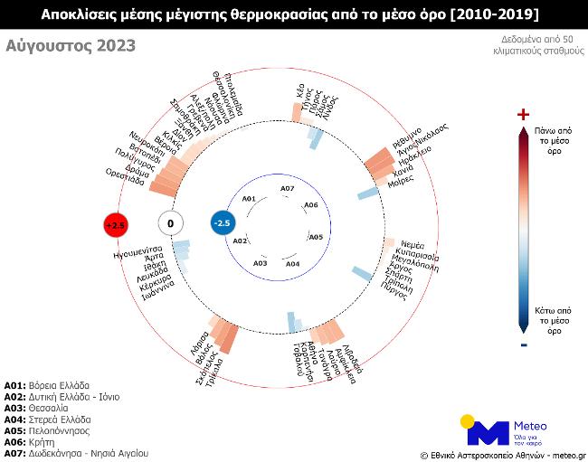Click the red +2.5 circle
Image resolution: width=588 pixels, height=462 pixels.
point(115,223)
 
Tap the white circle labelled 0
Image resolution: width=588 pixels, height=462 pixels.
point(170,222)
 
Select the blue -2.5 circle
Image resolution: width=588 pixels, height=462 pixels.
point(223,222)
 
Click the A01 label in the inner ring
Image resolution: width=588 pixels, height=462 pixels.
point(249,198)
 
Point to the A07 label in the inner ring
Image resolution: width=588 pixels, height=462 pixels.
point(287,188)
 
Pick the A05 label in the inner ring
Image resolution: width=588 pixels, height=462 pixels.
point(316,237)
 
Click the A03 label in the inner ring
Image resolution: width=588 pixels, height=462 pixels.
point(261,263)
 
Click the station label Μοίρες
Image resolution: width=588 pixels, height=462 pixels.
point(401,181)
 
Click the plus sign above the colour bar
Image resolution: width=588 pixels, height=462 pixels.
point(522,114)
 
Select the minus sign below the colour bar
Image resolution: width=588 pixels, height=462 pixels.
point(522,344)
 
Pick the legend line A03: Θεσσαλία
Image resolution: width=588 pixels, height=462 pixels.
point(49,408)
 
